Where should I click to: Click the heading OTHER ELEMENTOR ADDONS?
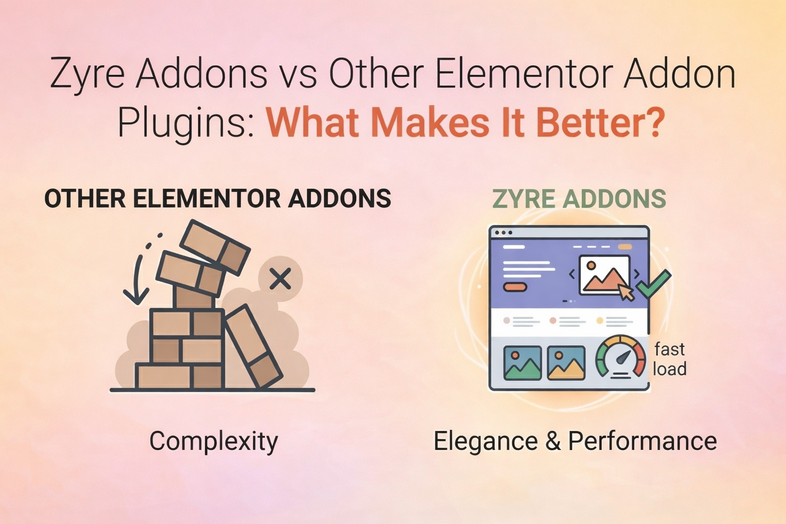click(x=217, y=199)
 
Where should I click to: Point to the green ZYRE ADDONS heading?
click(x=579, y=199)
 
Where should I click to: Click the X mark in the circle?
click(x=280, y=279)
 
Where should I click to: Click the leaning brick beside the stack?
click(x=254, y=347)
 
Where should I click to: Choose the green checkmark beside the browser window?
click(x=653, y=285)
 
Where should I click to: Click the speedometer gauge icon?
click(x=621, y=357)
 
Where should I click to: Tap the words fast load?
click(x=669, y=359)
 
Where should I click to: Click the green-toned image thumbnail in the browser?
click(x=522, y=363)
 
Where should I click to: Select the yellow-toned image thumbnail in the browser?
click(x=566, y=363)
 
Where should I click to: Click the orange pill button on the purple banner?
click(x=515, y=287)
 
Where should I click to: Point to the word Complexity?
click(x=213, y=441)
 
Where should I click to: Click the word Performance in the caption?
click(x=642, y=441)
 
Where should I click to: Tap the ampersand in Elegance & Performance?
click(x=553, y=441)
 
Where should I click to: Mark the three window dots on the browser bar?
click(x=504, y=233)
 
